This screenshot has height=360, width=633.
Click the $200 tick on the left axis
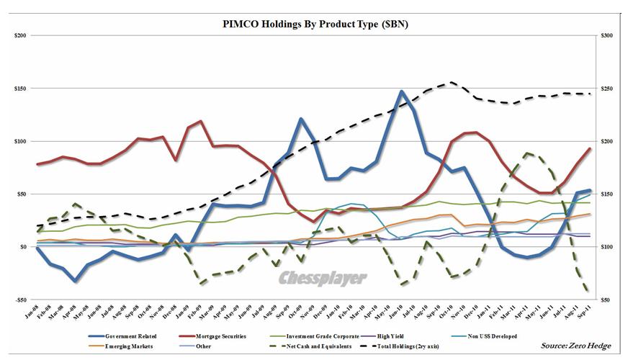coord(21,36)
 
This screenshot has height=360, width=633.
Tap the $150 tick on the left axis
coord(21,89)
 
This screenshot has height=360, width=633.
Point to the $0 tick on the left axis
coord(24,247)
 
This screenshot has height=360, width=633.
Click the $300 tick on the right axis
coord(608,36)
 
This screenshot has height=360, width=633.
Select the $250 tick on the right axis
coord(608,89)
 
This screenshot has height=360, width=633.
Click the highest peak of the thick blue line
coord(401,92)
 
